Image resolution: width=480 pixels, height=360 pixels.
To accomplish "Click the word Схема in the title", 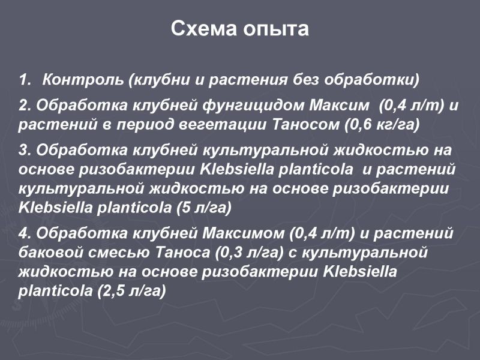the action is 204,29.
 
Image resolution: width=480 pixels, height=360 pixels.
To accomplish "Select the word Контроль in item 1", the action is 83,80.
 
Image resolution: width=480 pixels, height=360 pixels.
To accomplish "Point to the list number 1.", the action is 25,80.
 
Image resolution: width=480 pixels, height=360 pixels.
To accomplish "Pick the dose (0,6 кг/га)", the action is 382,125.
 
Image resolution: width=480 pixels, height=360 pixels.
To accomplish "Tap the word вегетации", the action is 223,125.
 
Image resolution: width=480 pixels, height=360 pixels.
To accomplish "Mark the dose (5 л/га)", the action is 203,208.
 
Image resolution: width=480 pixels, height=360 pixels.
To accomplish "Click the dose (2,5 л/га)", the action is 131,290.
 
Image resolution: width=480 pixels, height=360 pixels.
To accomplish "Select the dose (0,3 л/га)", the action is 250,253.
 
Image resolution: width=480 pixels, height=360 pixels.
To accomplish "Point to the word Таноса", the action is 183,253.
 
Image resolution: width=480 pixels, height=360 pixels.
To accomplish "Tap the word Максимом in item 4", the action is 244,233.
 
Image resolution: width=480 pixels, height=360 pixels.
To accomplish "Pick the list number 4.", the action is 25,233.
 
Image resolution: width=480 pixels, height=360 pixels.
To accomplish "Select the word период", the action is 145,125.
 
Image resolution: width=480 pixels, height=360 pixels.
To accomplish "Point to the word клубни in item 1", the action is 160,80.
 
